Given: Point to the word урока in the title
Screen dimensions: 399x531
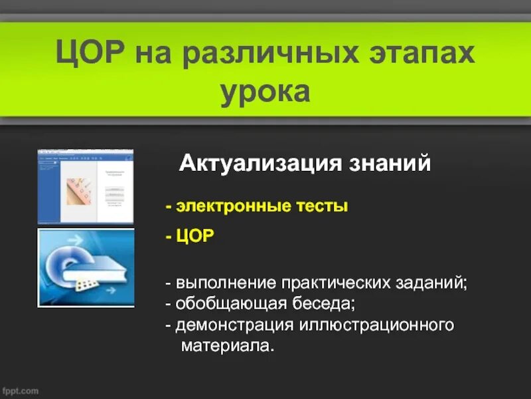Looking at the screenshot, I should [265, 92].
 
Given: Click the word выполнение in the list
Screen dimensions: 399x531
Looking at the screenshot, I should [220, 283].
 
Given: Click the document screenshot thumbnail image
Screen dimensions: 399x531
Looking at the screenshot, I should [85, 186].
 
